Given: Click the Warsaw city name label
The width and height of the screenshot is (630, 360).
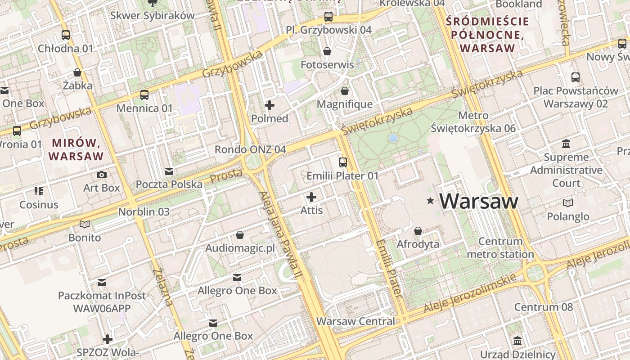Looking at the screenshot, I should (x=479, y=201).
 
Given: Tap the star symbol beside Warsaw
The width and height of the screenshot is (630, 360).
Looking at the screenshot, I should (x=431, y=201).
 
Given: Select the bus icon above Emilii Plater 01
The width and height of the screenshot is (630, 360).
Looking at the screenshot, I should (x=343, y=162).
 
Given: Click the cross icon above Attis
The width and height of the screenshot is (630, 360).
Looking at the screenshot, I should (x=311, y=197).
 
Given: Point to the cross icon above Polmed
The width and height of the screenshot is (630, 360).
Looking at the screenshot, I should (x=270, y=105).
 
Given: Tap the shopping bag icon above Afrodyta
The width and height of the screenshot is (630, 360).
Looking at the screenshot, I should (x=418, y=231).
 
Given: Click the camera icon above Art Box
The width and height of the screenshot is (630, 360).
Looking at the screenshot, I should (x=102, y=175).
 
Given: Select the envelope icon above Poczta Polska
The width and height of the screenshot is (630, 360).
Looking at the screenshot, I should (x=169, y=171).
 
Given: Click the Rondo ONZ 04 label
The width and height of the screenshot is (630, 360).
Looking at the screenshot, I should (x=250, y=149).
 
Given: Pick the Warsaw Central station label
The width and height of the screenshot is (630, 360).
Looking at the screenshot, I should (x=355, y=321).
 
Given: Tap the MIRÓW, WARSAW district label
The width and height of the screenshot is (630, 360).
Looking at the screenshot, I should (x=76, y=150).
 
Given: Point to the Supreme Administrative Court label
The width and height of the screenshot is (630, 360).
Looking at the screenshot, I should (x=566, y=170).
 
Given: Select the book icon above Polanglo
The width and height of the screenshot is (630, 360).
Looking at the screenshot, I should (x=568, y=203).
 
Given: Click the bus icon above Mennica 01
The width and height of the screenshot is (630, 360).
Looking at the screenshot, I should (x=144, y=95).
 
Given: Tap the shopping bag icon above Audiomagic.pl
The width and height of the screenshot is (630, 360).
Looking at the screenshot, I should (x=240, y=235).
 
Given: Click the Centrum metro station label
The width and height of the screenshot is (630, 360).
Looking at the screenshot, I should (x=500, y=248).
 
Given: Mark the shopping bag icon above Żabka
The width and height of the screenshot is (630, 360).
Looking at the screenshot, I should (x=77, y=72).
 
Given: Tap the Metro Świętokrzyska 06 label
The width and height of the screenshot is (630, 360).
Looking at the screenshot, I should (x=473, y=122).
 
